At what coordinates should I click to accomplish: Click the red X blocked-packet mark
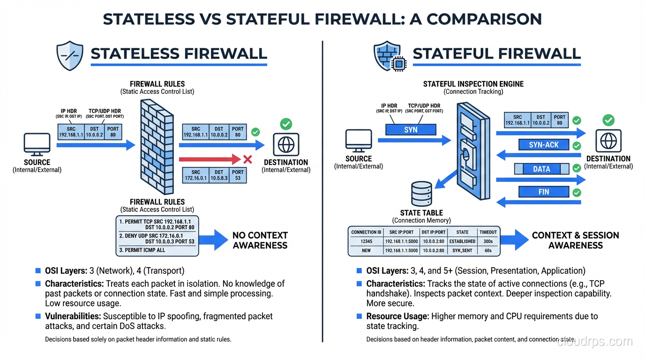point(247,160)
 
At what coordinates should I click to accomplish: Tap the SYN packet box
point(411,129)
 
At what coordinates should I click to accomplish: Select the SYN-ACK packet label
point(544,145)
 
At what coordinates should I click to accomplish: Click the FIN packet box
point(544,192)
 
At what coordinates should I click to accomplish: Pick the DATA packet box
point(541,169)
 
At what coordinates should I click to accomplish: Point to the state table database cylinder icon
point(421,193)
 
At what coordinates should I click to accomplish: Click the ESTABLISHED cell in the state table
point(462,241)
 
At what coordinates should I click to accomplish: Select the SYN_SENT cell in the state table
point(462,251)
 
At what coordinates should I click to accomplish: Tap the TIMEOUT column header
point(488,232)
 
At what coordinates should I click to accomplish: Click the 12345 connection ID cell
point(366,241)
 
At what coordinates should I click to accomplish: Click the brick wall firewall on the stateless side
point(157,145)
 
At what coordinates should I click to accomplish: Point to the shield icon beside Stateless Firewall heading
point(69,55)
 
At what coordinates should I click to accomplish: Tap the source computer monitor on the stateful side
point(359,141)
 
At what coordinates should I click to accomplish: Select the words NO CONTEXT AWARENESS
point(260,240)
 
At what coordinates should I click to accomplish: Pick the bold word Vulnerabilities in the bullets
point(73,316)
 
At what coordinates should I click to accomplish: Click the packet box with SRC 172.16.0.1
point(214,175)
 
